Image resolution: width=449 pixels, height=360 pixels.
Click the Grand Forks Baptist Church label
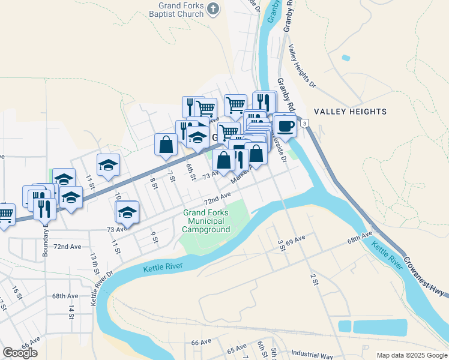tap(178, 10)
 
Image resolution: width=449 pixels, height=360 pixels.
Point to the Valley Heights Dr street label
tap(301, 67)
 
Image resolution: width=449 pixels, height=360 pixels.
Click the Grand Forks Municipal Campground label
tap(206, 221)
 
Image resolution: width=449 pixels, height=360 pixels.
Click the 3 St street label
tap(280, 245)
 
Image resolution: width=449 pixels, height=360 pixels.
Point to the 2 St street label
tap(313, 279)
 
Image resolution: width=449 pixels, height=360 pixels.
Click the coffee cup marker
tap(285, 126)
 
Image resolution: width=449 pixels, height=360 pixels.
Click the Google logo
tap(20, 353)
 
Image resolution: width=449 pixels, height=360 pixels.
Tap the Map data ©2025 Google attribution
tap(411, 355)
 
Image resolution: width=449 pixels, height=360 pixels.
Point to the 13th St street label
tap(95, 263)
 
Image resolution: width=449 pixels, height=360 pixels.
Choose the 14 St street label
tap(71, 311)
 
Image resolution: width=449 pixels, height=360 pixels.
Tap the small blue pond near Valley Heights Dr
tap(345, 58)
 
